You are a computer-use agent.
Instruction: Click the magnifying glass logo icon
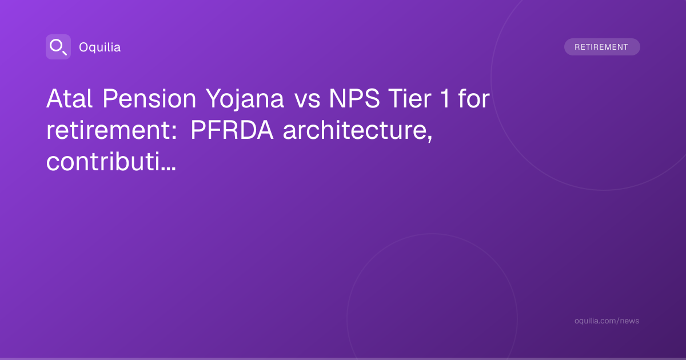click(58, 47)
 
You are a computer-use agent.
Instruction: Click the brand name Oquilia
click(100, 47)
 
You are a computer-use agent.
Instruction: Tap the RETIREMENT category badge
click(602, 47)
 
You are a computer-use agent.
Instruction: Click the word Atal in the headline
click(69, 98)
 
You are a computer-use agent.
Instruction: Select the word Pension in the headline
click(149, 98)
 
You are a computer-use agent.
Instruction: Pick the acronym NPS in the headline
click(354, 98)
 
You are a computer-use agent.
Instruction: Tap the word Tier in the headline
click(409, 98)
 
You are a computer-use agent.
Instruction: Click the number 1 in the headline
click(445, 98)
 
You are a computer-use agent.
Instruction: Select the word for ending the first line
click(474, 98)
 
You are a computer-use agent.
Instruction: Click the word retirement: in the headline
click(111, 130)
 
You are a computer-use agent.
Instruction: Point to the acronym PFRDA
click(232, 130)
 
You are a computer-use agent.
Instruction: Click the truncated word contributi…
click(111, 162)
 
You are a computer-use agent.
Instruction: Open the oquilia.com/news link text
click(607, 321)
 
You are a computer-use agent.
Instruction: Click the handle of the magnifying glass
click(65, 53)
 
